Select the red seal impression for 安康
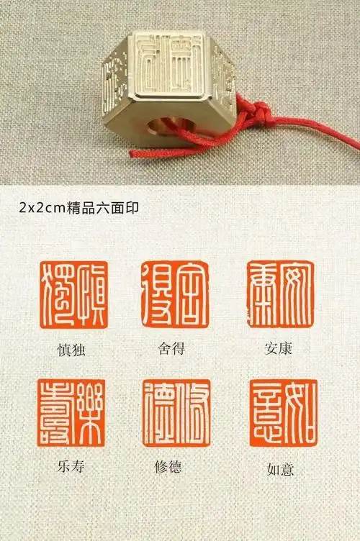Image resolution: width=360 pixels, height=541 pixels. pyautogui.click(x=280, y=294)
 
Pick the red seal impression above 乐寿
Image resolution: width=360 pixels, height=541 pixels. pyautogui.click(x=72, y=413)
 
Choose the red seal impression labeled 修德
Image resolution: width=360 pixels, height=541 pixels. pyautogui.click(x=176, y=413)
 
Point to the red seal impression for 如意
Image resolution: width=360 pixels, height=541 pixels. pyautogui.click(x=282, y=413)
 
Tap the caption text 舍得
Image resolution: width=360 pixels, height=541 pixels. pyautogui.click(x=173, y=349)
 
